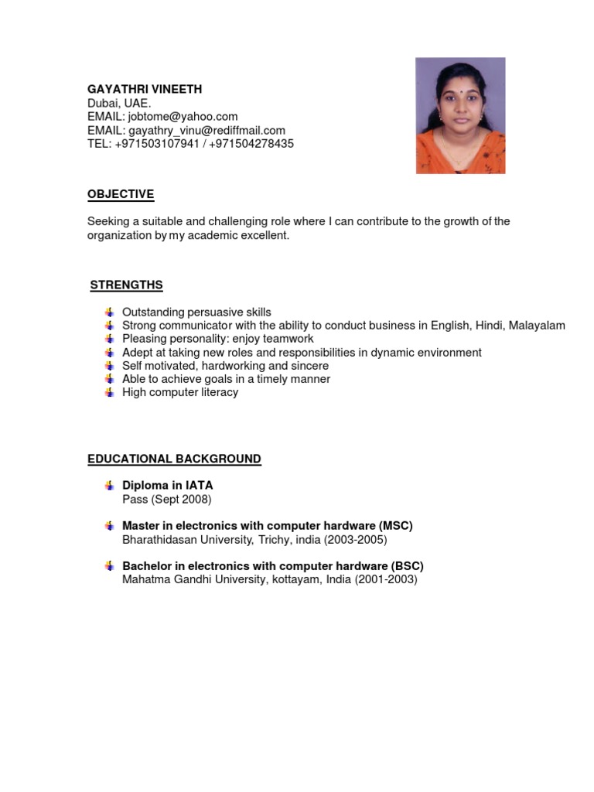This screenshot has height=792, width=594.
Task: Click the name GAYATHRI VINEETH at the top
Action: pyautogui.click(x=145, y=90)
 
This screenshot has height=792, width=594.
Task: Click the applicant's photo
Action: pyautogui.click(x=460, y=115)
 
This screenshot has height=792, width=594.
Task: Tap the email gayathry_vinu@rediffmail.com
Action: pyautogui.click(x=207, y=131)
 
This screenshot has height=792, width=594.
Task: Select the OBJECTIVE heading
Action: pyautogui.click(x=121, y=194)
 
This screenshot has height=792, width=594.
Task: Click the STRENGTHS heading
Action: pyautogui.click(x=126, y=285)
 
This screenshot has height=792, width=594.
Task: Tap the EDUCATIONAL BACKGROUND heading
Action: pyautogui.click(x=174, y=459)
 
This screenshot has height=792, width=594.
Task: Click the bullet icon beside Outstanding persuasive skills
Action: pyautogui.click(x=109, y=312)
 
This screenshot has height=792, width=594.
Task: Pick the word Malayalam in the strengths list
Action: pyautogui.click(x=537, y=326)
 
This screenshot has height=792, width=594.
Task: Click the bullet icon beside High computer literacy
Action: pyautogui.click(x=109, y=392)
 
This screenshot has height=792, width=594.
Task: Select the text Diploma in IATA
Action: pyautogui.click(x=167, y=486)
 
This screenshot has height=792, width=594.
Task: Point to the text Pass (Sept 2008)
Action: pyautogui.click(x=166, y=500)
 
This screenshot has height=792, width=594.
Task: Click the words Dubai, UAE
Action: pyautogui.click(x=120, y=104)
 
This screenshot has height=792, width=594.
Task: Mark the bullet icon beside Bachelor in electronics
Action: pyautogui.click(x=109, y=566)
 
